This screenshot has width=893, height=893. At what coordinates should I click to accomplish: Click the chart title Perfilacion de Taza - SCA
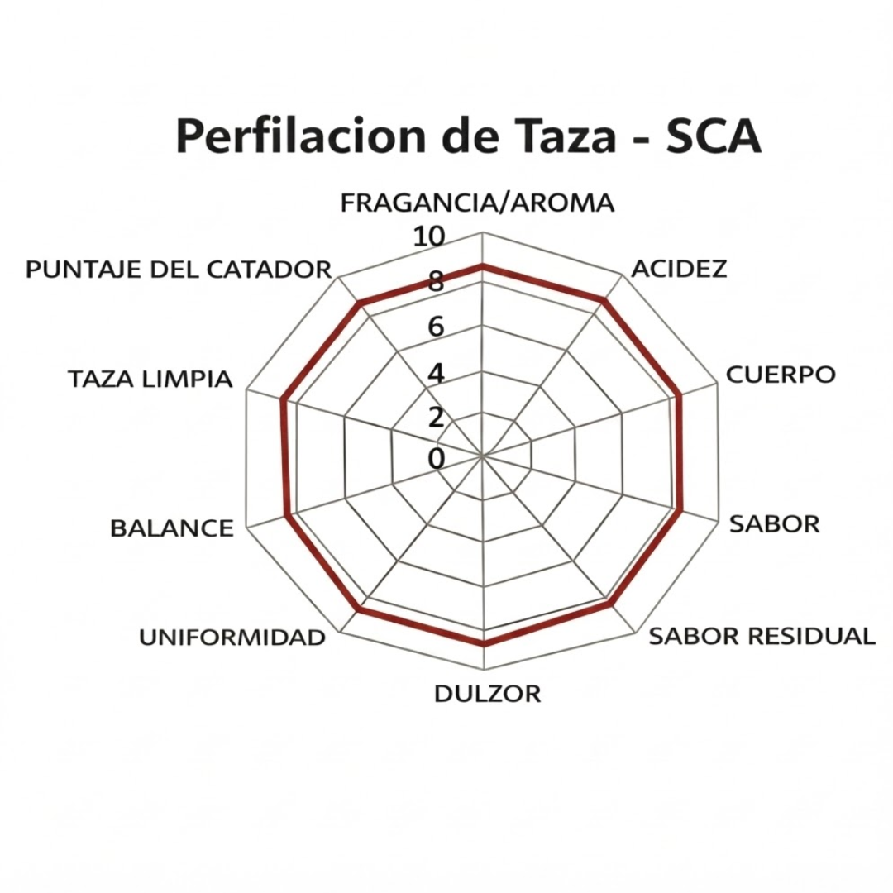469,136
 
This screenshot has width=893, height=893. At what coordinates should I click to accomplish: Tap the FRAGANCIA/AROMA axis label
477,203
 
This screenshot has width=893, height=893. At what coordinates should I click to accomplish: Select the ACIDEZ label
680,268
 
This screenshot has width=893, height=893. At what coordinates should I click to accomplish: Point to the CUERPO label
781,375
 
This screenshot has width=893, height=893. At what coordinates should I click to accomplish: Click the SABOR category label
775,524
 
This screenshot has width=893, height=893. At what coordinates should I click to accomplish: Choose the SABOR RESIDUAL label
762,636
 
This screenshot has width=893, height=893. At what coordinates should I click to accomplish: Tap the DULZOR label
488,694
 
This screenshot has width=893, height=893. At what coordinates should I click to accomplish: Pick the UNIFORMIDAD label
232,638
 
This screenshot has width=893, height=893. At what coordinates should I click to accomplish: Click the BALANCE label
172,528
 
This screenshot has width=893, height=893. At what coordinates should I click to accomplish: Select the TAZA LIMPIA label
150,379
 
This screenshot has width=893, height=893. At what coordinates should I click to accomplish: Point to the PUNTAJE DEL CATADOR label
179,270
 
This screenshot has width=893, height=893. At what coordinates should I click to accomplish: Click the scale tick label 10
429,236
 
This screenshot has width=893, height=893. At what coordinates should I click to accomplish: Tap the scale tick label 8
437,281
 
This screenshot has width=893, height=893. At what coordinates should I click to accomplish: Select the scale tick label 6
437,327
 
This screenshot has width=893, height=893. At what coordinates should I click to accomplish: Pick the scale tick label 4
437,374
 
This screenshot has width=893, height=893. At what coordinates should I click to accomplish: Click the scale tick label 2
437,418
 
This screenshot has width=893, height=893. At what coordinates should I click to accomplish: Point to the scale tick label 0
437,459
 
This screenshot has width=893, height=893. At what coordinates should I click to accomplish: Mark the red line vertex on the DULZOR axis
484,645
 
